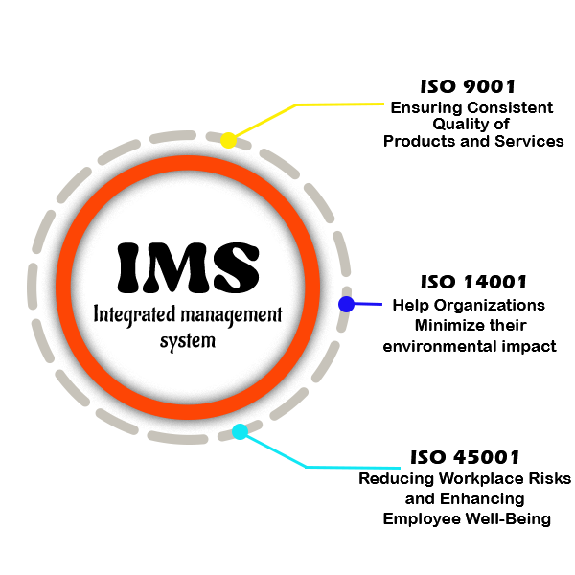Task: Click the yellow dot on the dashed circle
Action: pos(228,140)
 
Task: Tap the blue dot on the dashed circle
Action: pos(346,304)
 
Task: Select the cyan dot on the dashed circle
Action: pos(240,431)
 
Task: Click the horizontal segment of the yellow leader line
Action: pos(340,103)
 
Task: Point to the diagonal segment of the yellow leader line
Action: pos(264,122)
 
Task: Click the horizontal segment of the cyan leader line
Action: pos(354,468)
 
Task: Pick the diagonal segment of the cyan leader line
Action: pos(274,449)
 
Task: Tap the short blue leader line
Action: pos(365,304)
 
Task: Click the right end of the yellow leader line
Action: pos(383,103)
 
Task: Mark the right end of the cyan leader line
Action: pos(399,468)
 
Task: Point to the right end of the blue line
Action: pos(381,304)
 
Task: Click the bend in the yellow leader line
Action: pos(298,103)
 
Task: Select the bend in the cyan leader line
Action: pos(309,468)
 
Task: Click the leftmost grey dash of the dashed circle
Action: pos(33,287)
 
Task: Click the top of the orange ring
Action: pos(188,163)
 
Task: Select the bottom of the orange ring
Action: pos(188,412)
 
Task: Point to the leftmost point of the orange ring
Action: pos(63,287)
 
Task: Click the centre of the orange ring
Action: pos(188,287)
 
